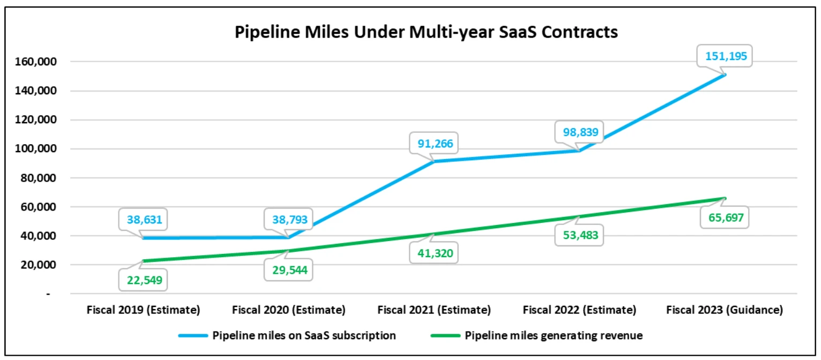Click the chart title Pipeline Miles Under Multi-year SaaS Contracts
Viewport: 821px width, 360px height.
[x=426, y=32]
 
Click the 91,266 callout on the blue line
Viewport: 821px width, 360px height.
[x=434, y=144]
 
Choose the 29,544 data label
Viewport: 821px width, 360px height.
[x=288, y=271]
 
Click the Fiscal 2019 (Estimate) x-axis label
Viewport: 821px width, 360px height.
[x=144, y=310]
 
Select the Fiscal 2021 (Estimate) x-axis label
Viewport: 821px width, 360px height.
[x=434, y=310]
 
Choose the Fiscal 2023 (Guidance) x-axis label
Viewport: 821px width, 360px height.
[x=724, y=310]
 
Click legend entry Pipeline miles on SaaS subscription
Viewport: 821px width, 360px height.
[x=304, y=336]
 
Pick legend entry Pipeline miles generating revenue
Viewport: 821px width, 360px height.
[x=554, y=336]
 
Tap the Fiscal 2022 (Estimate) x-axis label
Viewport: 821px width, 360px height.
[x=579, y=310]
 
